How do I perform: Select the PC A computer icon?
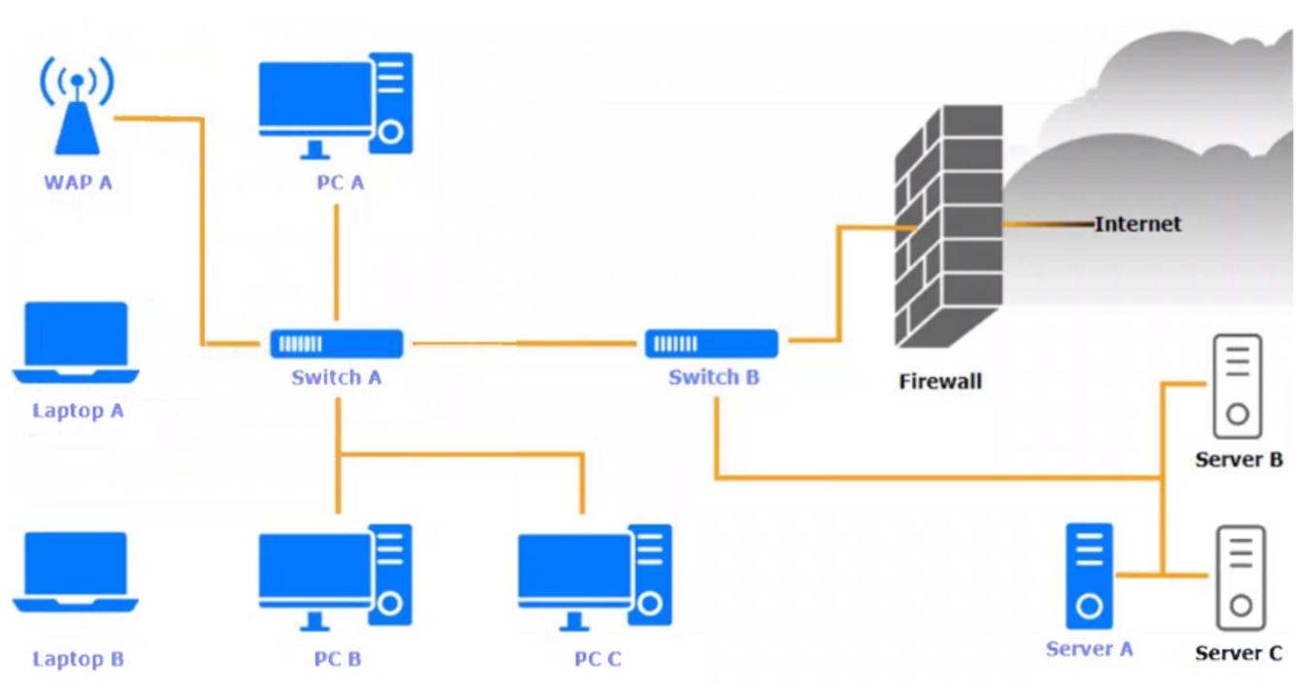336,105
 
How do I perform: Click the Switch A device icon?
336,344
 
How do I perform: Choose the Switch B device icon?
712,344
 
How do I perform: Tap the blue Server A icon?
1090,577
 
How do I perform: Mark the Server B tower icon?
1237,386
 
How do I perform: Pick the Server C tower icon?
1241,579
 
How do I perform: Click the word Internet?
1138,224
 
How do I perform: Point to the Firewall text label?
940,381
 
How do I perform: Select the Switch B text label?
714,378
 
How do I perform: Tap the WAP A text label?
78,182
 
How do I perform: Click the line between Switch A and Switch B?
524,343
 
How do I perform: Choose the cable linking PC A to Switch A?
336,262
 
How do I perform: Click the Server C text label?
1239,653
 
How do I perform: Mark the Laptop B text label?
79,659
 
